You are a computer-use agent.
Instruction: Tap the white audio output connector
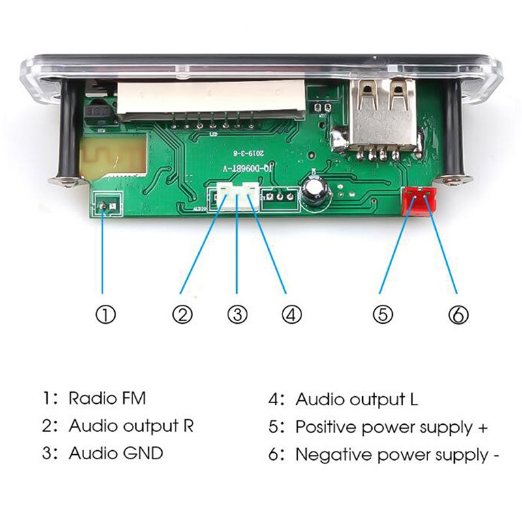[237, 195]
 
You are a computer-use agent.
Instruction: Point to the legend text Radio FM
[108, 398]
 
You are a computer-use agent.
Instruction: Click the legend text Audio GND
[116, 453]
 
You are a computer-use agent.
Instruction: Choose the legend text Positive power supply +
[391, 427]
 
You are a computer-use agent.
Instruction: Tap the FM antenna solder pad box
[107, 207]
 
